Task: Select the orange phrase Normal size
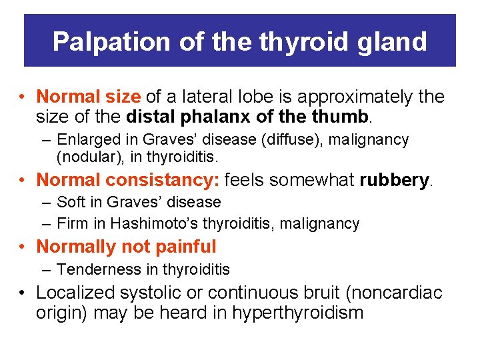click(x=88, y=97)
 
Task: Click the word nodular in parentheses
click(x=85, y=157)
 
